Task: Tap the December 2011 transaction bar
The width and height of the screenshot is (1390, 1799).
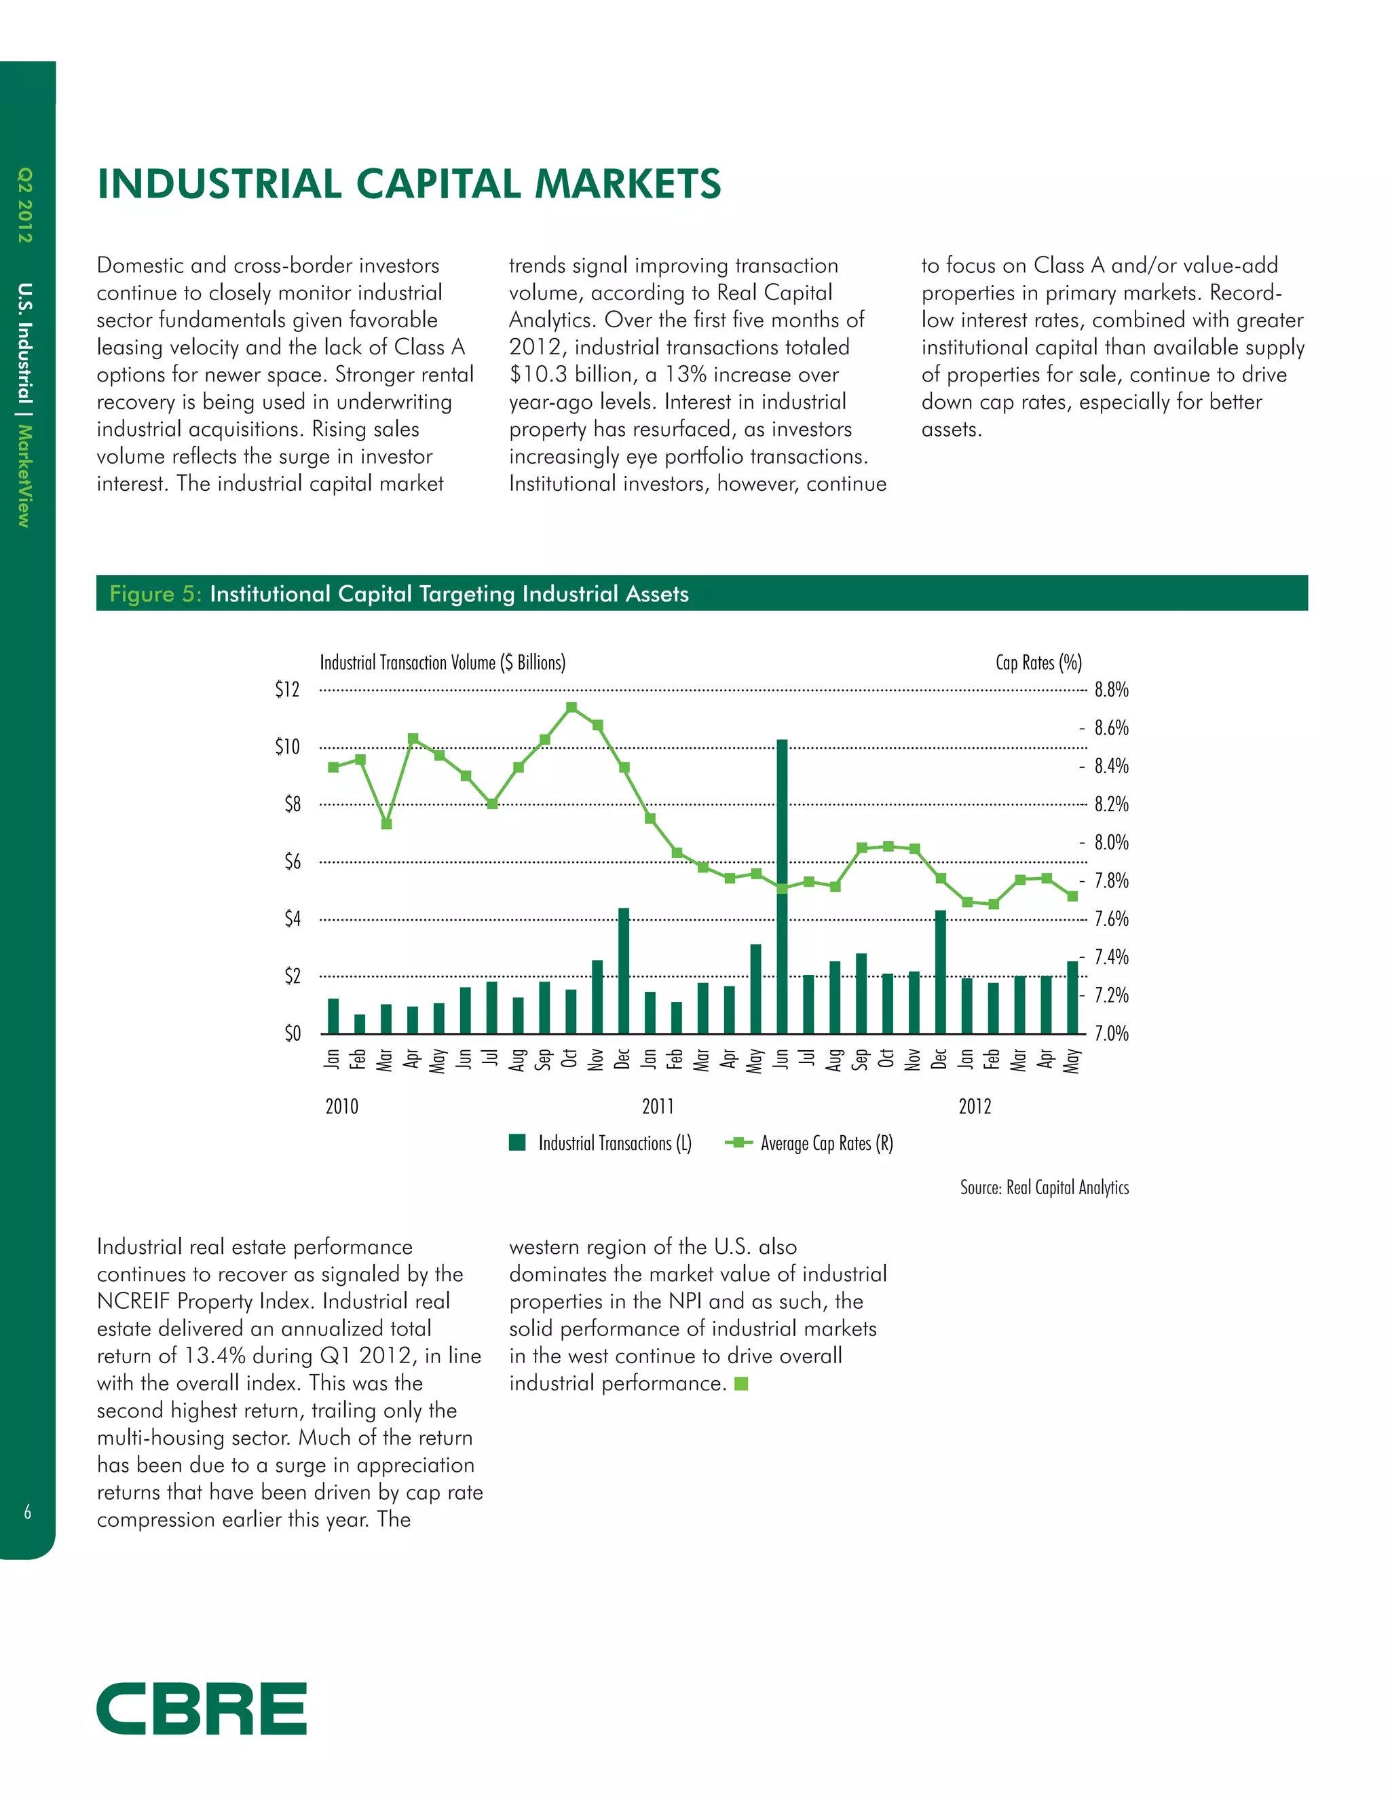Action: [x=939, y=971]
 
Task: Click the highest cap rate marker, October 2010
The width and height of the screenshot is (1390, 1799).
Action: [x=571, y=707]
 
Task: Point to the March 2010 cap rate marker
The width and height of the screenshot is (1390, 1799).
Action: [x=386, y=823]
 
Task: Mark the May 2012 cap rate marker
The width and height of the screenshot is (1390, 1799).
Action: [x=1072, y=896]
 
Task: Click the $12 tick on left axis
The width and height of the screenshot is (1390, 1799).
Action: [x=287, y=690]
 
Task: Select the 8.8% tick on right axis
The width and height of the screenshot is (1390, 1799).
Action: [x=1111, y=690]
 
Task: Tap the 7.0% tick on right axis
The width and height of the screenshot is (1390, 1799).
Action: [x=1111, y=1034]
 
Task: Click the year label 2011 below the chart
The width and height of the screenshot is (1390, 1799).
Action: [x=658, y=1107]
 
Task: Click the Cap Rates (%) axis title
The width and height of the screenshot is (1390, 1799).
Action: [x=1038, y=663]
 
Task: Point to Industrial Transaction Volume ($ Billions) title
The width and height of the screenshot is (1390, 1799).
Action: [x=443, y=663]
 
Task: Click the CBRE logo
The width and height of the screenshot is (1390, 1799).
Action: [x=202, y=1709]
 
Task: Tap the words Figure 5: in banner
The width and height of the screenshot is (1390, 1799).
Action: [x=155, y=594]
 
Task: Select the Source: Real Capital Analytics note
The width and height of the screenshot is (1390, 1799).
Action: [x=1044, y=1187]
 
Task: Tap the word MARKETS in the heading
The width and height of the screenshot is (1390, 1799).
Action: [x=628, y=184]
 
